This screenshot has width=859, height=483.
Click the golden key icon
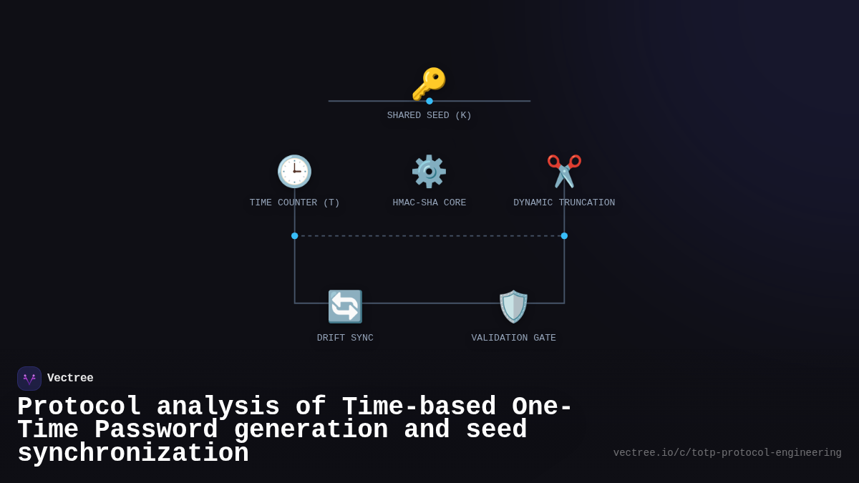tap(429, 84)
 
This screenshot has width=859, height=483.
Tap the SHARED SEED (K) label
tap(429, 115)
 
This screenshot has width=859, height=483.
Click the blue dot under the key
tap(429, 101)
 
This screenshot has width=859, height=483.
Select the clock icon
tap(294, 172)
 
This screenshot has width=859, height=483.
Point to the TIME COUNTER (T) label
tap(294, 203)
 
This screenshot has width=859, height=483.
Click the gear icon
tap(429, 172)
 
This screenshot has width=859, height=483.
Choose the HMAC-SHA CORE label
tap(429, 203)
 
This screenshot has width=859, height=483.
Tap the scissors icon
tap(564, 172)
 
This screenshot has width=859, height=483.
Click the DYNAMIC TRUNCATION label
tap(564, 203)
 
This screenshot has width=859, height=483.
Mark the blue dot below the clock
tap(294, 235)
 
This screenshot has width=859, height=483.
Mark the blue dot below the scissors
tap(564, 235)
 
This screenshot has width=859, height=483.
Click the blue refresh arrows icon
tap(345, 306)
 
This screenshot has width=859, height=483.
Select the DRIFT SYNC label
tap(345, 338)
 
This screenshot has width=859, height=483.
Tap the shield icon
tap(513, 306)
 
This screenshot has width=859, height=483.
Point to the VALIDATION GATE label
tap(513, 338)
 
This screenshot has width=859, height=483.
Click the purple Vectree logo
tap(29, 379)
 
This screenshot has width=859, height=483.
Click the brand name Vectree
tap(70, 379)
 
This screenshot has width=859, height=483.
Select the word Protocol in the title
tap(79, 407)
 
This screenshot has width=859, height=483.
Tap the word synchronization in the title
tap(133, 454)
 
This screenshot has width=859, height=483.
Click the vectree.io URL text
tap(727, 453)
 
